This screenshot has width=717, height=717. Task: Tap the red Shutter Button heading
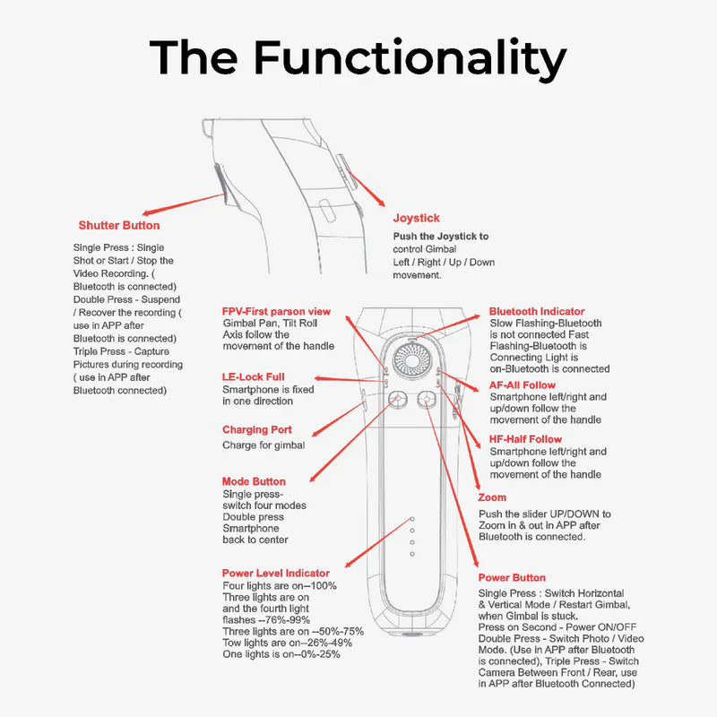[x=119, y=226]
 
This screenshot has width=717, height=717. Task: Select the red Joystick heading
[x=417, y=218]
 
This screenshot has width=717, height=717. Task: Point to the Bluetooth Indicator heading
[x=537, y=312]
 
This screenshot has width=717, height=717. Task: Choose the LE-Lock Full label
[x=254, y=377]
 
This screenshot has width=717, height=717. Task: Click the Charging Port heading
[x=257, y=430]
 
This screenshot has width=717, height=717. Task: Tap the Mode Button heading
[x=255, y=482]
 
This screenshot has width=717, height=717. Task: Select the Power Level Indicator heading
[x=276, y=574]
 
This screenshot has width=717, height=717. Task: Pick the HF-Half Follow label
[x=526, y=440]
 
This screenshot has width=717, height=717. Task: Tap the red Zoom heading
[x=493, y=498]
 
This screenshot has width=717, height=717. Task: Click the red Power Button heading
[x=512, y=578]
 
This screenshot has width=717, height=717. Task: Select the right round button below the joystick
[x=427, y=401]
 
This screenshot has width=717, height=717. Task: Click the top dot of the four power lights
[x=412, y=519]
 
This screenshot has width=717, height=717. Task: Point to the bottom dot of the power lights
[x=412, y=554]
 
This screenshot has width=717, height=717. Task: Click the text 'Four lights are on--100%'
[x=280, y=586]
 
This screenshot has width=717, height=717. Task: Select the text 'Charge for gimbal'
[x=263, y=445]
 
